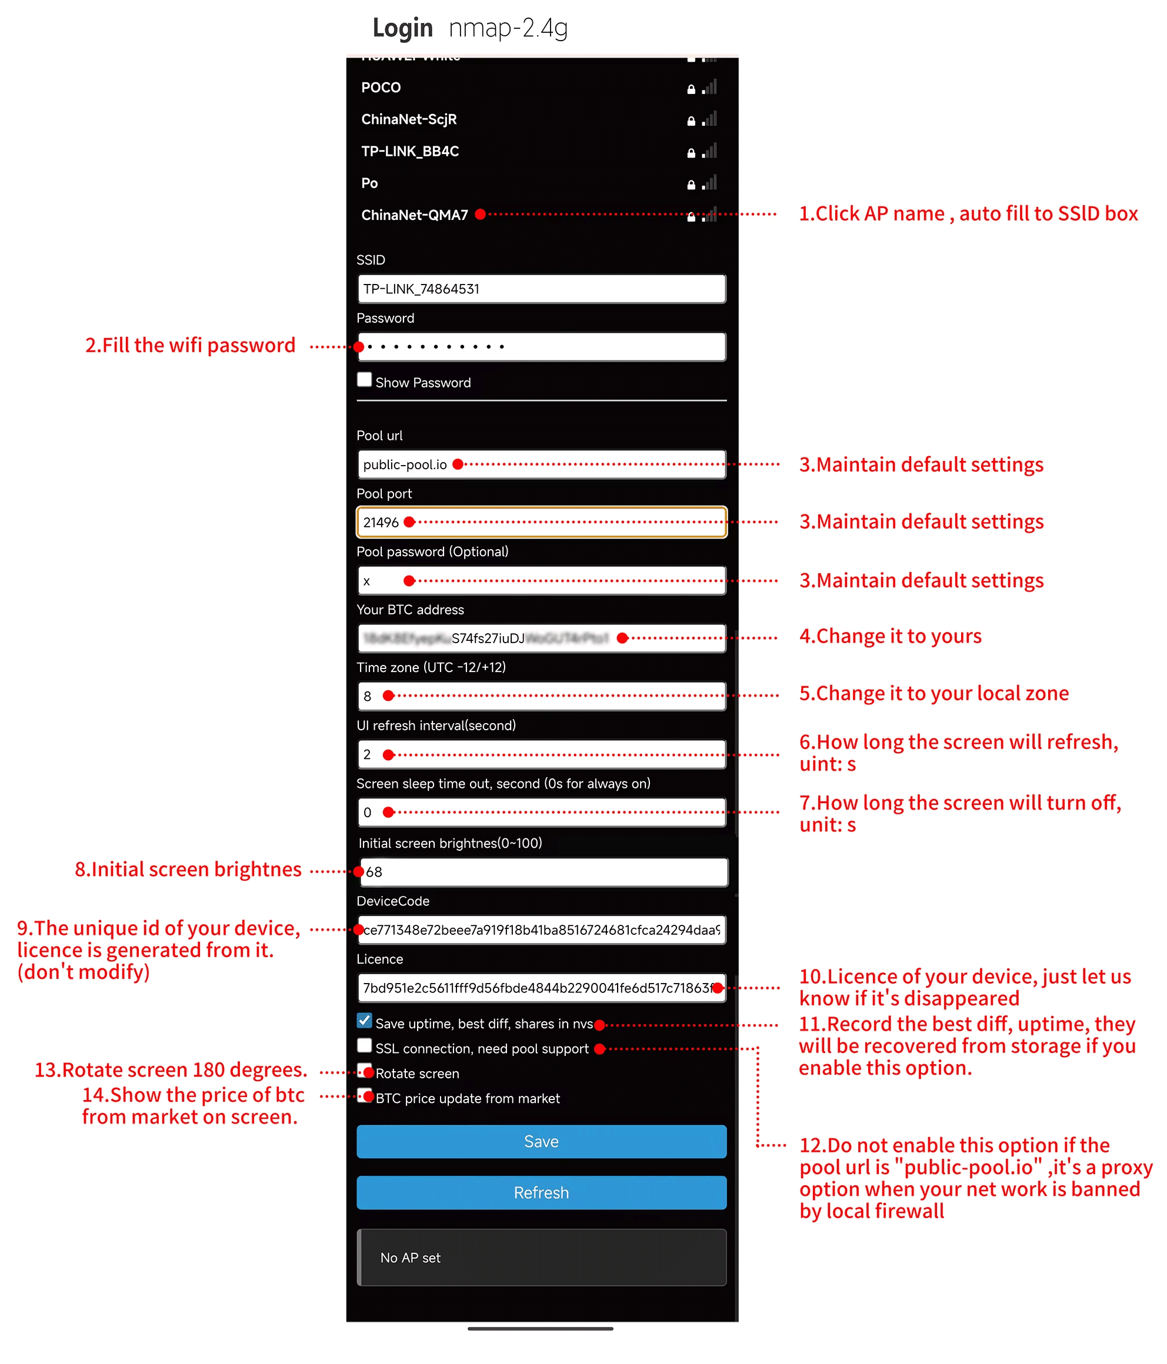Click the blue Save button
point(541,1142)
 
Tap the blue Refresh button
point(541,1192)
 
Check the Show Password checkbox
point(364,380)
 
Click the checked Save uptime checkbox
point(364,1021)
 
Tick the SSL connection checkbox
point(364,1045)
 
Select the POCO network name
point(381,88)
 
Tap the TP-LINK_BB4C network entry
point(409,152)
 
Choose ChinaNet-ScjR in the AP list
point(408,119)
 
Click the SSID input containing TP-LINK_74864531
point(541,289)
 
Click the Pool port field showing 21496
point(541,522)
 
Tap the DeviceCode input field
point(541,930)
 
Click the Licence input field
point(541,988)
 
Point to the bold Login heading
point(402,28)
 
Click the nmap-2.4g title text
point(508,28)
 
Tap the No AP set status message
point(411,1258)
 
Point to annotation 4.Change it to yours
point(890,637)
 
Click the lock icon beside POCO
point(691,89)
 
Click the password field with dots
point(541,347)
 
